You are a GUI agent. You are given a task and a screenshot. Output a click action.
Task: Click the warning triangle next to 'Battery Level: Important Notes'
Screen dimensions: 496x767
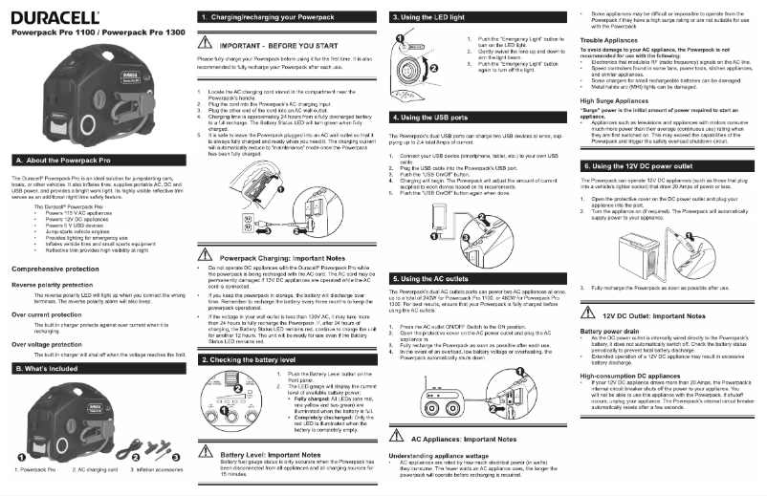[205, 455]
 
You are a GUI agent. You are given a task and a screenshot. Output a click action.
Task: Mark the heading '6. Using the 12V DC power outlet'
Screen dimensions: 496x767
[646, 165]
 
